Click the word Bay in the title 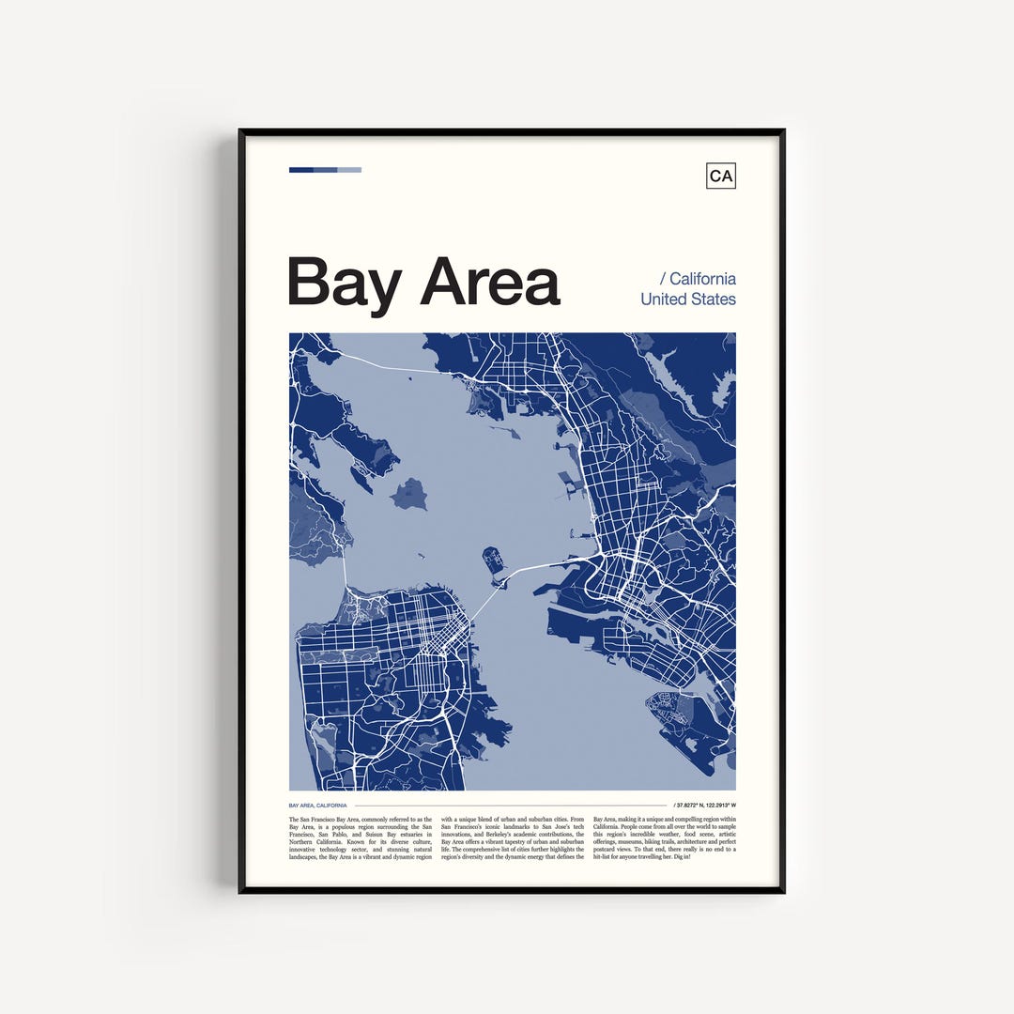pyautogui.click(x=344, y=282)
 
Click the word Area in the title pyautogui.click(x=489, y=281)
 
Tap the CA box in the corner pyautogui.click(x=721, y=176)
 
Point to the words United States pyautogui.click(x=688, y=299)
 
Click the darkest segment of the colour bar pyautogui.click(x=300, y=170)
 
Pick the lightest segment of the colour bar pyautogui.click(x=349, y=170)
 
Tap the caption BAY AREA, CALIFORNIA pyautogui.click(x=318, y=806)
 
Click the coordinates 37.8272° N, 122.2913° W pyautogui.click(x=706, y=806)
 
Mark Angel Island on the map pyautogui.click(x=409, y=493)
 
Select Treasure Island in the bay pyautogui.click(x=494, y=561)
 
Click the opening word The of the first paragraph pyautogui.click(x=294, y=820)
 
